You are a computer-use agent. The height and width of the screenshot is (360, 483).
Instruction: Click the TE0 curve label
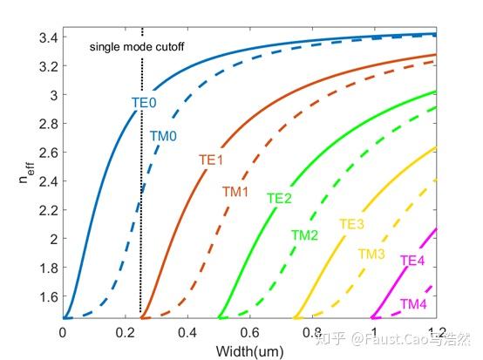pyautogui.click(x=144, y=103)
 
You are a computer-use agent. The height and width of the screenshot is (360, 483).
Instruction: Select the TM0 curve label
pyautogui.click(x=163, y=135)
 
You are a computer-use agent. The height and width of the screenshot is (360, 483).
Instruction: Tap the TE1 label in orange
pyautogui.click(x=211, y=160)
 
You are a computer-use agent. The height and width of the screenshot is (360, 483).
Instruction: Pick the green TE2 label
pyautogui.click(x=279, y=199)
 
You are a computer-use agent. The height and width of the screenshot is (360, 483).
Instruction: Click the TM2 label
pyautogui.click(x=304, y=235)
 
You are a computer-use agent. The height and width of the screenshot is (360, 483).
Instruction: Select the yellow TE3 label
pyautogui.click(x=351, y=225)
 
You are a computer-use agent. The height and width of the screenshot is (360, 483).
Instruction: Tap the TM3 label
pyautogui.click(x=371, y=254)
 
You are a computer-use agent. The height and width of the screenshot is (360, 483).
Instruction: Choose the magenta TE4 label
pyautogui.click(x=412, y=261)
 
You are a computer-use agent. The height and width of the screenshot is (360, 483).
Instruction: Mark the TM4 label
pyautogui.click(x=413, y=303)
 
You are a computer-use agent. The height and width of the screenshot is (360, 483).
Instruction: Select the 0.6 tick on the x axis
pyautogui.click(x=249, y=332)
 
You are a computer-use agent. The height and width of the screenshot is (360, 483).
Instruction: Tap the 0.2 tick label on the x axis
pyautogui.click(x=125, y=332)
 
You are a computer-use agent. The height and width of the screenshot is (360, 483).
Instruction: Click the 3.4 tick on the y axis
pyautogui.click(x=45, y=37)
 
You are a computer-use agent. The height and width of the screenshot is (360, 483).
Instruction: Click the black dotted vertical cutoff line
pyautogui.click(x=141, y=218)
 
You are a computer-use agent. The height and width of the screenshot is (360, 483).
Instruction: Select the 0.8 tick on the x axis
pyautogui.click(x=311, y=332)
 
